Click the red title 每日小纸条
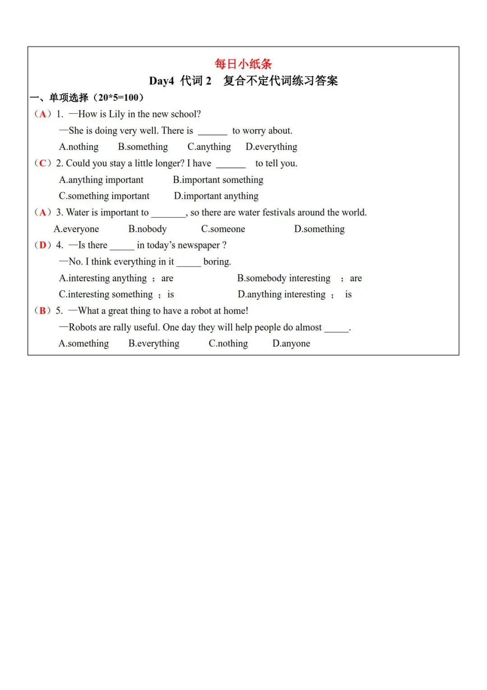pyautogui.click(x=243, y=64)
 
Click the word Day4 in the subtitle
pyautogui.click(x=161, y=81)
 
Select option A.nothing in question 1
pyautogui.click(x=78, y=147)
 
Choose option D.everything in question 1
pyautogui.click(x=271, y=147)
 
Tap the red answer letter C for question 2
pyautogui.click(x=43, y=163)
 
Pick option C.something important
pyautogui.click(x=104, y=196)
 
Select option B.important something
pyautogui.click(x=218, y=180)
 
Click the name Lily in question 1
pyautogui.click(x=117, y=114)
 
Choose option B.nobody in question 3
pyautogui.click(x=147, y=229)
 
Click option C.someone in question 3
pyautogui.click(x=223, y=229)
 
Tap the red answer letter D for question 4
pyautogui.click(x=43, y=245)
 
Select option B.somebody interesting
pyautogui.click(x=284, y=278)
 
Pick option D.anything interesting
pyautogui.click(x=281, y=294)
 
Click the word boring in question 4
pyautogui.click(x=217, y=262)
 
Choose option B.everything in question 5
pyautogui.click(x=154, y=344)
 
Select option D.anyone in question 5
pyautogui.click(x=291, y=344)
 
